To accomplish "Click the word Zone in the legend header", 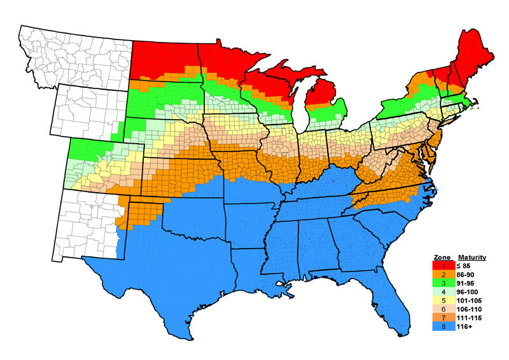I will pos(442,258).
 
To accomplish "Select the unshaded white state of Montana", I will pos(76,54).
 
